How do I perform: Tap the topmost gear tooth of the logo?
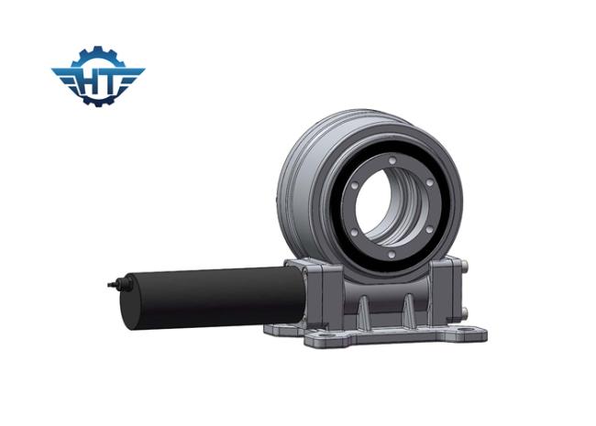[x=98, y=49]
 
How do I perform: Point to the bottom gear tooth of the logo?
[x=98, y=103]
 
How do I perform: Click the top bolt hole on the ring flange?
[x=392, y=160]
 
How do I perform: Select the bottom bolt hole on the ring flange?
[x=392, y=255]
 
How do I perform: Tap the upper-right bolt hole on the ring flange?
[x=429, y=182]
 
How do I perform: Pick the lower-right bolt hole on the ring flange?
[x=429, y=230]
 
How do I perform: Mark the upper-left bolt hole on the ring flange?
[x=354, y=186]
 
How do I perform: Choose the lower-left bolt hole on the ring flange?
[x=354, y=232]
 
